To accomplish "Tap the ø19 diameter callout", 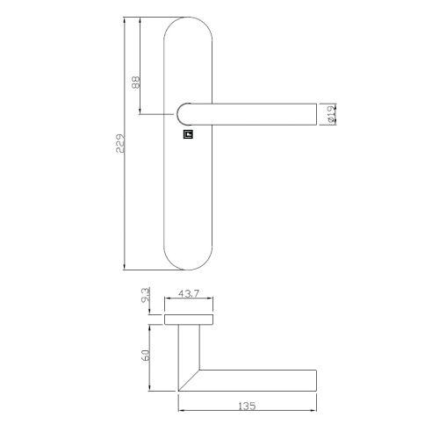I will tap(333, 113).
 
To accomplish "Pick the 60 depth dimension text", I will tap(145, 358).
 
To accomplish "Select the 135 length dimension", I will tap(247, 407).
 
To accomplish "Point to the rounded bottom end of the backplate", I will tap(189, 260).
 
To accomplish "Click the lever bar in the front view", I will tap(255, 113).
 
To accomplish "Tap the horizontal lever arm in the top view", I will tap(259, 379).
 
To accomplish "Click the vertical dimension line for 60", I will tap(153, 358).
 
